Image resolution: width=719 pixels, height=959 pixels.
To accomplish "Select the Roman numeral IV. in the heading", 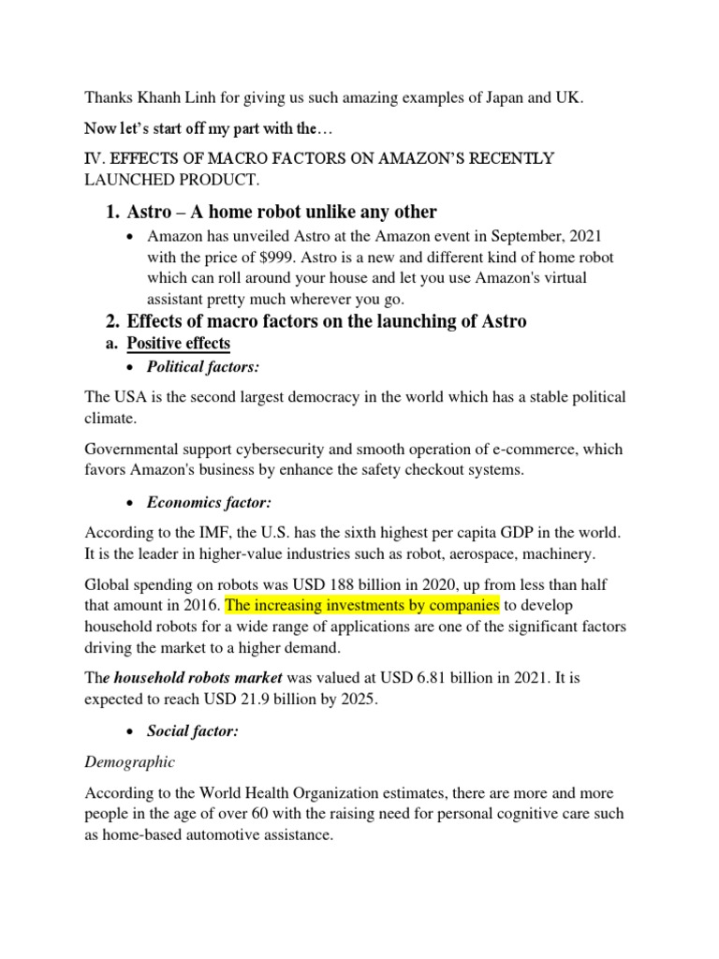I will point(95,157).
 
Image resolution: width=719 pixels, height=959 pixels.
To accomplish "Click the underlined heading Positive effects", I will point(178,344).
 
